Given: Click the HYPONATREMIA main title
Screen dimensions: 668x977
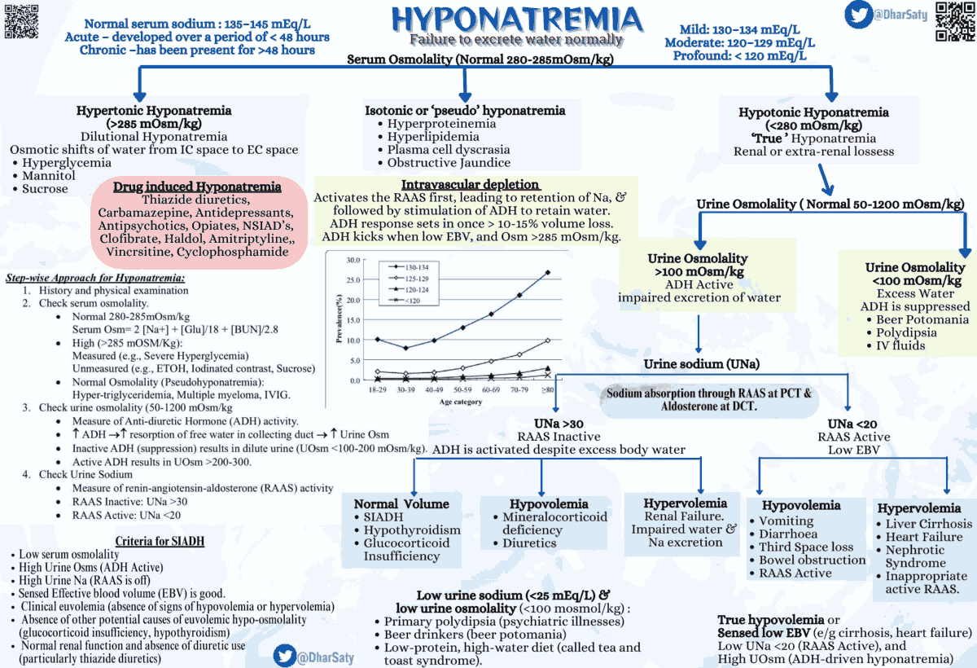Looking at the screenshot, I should (516, 20).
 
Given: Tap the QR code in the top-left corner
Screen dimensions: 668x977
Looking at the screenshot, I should (21, 21).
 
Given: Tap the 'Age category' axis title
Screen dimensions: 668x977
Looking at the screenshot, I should (461, 402).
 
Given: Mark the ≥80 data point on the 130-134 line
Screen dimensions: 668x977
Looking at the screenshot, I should (547, 272).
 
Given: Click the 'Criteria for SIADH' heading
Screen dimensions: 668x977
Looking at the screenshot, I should (160, 541).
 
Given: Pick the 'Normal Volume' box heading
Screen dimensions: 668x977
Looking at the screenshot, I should (401, 503).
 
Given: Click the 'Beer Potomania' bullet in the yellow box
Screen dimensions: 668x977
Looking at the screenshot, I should (923, 319).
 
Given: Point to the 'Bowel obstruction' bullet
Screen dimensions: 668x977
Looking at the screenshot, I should (812, 560).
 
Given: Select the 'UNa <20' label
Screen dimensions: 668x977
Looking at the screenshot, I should (852, 424).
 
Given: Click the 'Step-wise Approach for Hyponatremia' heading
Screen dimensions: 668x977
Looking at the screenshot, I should (95, 278).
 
